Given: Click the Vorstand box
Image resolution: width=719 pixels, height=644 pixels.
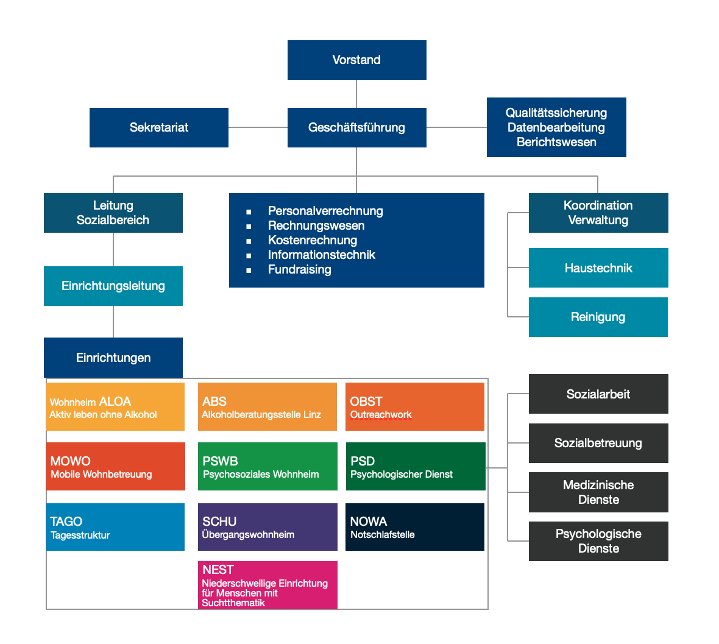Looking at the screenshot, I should pos(356,60).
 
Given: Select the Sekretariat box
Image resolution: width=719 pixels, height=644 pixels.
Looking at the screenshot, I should pos(158,127).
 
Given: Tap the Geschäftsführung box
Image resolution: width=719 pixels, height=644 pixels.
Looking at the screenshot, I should pos(356,127).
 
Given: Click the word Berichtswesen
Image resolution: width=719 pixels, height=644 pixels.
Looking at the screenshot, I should pos(556,142).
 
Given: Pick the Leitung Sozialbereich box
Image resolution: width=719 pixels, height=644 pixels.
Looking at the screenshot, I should pos(113,213).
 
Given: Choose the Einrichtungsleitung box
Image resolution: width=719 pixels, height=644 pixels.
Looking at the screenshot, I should pos(113,286).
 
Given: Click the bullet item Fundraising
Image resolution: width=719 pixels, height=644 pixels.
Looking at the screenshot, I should pos(299,269).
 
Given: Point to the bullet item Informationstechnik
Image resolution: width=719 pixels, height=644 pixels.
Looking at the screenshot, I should pos(321,255).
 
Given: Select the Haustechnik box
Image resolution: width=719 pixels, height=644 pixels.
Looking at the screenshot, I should pos(598,268).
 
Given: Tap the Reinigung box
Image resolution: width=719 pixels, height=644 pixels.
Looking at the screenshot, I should pos(598,317).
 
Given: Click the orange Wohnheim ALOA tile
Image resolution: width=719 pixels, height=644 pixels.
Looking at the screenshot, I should pos(115,406).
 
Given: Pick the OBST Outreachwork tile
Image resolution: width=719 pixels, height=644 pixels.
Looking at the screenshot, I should pos(414,406).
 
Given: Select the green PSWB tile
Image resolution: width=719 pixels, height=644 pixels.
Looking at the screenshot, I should pos(267,466).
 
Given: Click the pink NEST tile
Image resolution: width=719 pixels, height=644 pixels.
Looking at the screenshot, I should pos(267,585).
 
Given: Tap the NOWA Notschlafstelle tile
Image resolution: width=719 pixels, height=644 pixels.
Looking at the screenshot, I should pos(414,527).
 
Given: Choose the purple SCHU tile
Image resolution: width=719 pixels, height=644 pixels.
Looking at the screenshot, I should pos(267,527).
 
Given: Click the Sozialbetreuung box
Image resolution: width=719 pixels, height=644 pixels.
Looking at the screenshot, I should pos(598,443).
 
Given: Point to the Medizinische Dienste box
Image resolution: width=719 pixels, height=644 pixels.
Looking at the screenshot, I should pos(598,492).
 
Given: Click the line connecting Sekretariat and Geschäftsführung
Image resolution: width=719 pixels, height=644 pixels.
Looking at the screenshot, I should pos(258,127).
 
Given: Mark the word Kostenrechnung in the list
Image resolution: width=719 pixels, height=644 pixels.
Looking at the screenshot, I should pos(312,240).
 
